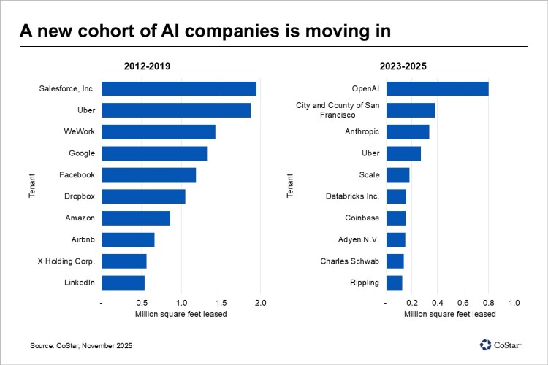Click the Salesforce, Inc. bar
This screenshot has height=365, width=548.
[178, 89]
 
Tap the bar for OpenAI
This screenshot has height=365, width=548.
[437, 89]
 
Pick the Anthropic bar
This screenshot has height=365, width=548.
[407, 132]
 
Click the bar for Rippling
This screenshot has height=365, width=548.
[394, 283]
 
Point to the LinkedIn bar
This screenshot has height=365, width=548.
[123, 283]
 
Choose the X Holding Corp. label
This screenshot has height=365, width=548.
[66, 261]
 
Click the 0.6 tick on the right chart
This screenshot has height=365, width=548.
[463, 302]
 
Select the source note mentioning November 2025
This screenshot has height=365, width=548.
[81, 345]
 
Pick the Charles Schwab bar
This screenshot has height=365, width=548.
[395, 261]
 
